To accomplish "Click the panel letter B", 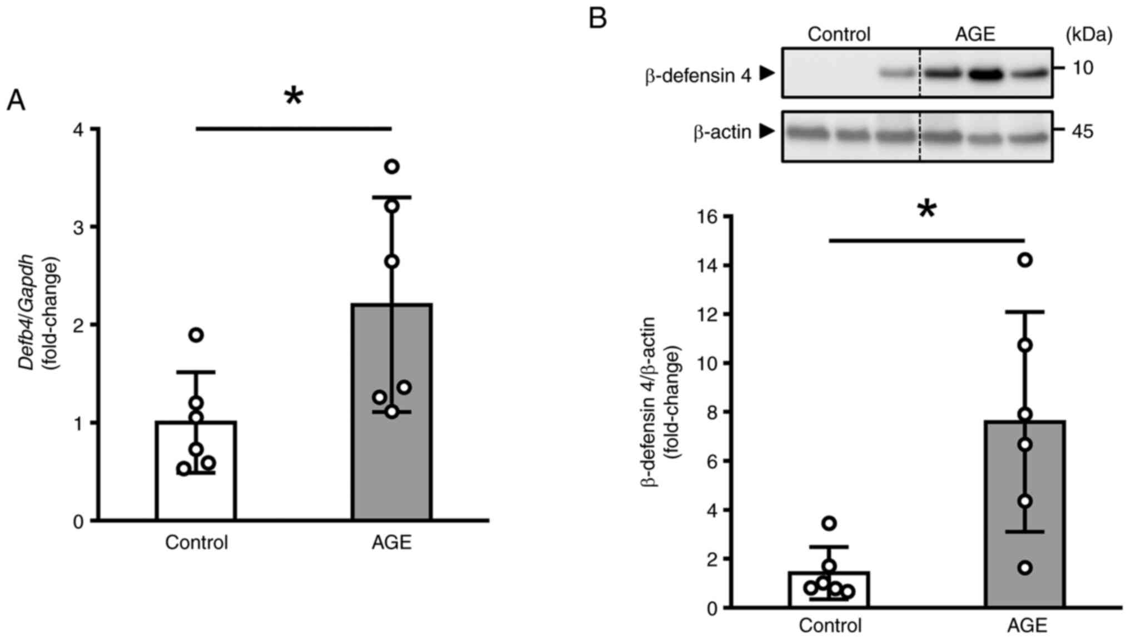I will [597, 19].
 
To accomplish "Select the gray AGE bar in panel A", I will [391, 412].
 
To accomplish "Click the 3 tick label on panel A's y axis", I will [78, 227].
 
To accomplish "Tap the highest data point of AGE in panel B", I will [1024, 260].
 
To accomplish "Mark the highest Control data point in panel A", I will [196, 335].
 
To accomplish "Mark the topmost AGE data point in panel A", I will [392, 166].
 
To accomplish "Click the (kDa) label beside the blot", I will [1089, 35].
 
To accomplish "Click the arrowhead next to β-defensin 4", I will [767, 73].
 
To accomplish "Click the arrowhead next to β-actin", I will [767, 132].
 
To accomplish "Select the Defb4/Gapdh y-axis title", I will [27, 311].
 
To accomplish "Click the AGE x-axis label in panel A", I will [391, 542].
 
